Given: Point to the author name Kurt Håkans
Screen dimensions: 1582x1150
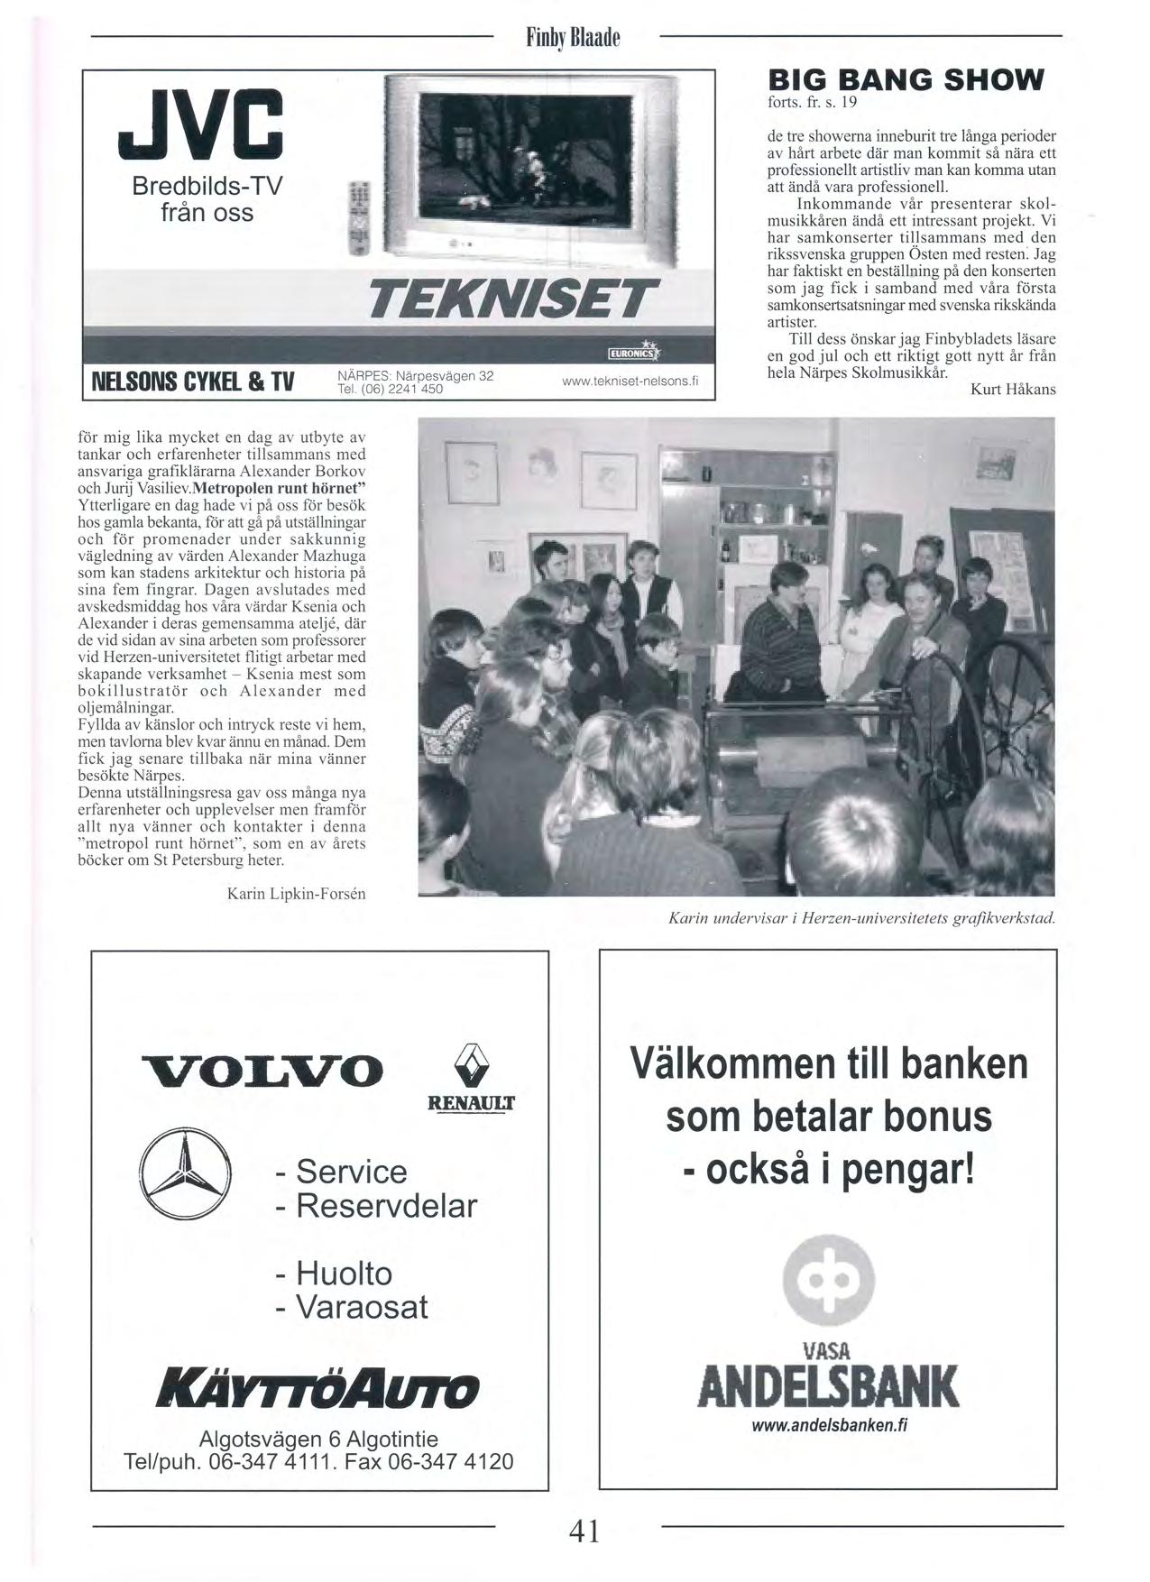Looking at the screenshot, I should pos(1012,390).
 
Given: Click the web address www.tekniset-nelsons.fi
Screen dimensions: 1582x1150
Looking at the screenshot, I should pos(630,382).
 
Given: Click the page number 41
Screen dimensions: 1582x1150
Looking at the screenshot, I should pos(584,1531).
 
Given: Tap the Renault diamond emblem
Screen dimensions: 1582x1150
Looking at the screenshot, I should pos(471,1065).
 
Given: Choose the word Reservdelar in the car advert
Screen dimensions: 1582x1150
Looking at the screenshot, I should pos(386,1206).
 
